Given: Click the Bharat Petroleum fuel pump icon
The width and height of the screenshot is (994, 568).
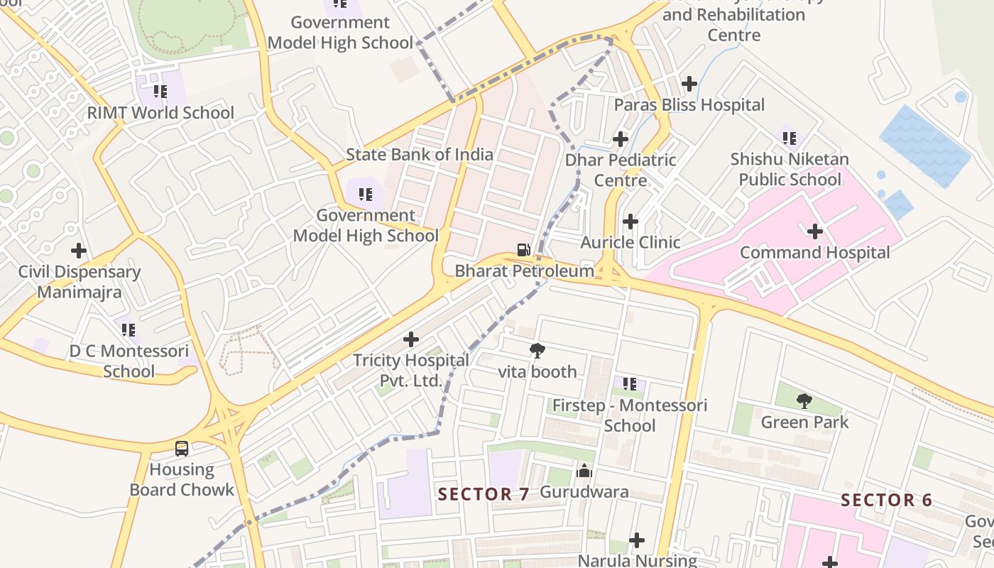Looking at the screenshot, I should [x=523, y=249].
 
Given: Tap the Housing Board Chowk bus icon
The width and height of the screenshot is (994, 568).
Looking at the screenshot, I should [x=182, y=448].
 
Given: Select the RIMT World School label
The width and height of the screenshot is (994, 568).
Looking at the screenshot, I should [x=160, y=113].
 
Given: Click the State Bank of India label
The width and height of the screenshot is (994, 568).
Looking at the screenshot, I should [x=419, y=154].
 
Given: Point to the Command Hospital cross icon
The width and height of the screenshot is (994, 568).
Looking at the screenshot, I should [x=815, y=231].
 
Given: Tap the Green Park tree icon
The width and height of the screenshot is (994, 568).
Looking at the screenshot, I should [x=804, y=401].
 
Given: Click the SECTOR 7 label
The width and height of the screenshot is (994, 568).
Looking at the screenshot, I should [x=484, y=494].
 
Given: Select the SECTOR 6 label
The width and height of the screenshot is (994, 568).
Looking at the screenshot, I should [x=886, y=500].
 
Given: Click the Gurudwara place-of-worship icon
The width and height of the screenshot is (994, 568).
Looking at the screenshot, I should [x=584, y=471].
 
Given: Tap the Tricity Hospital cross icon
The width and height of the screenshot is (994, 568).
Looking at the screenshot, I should [x=411, y=339].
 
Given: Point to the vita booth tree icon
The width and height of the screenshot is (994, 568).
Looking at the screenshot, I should [x=537, y=350].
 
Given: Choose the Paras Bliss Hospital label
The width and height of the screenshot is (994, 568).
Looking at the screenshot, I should [x=689, y=105].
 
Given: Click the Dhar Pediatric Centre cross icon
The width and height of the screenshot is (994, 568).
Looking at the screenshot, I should [x=621, y=138].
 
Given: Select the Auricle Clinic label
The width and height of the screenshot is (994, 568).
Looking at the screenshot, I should [x=630, y=242].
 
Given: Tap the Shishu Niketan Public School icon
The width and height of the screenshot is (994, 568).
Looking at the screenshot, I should [x=790, y=138].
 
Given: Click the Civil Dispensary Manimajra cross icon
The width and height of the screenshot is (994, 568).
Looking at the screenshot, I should [x=79, y=251].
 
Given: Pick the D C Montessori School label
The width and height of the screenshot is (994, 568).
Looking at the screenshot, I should [x=129, y=361].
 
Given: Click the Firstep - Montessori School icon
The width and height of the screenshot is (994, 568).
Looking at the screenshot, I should [x=630, y=384].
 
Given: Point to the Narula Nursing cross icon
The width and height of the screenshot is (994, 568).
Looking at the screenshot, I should [x=637, y=540].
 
